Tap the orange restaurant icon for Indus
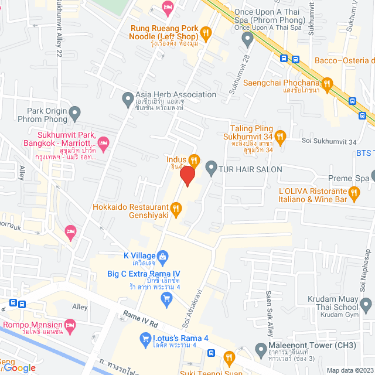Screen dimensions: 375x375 195,159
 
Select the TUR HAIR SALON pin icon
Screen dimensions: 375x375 212,169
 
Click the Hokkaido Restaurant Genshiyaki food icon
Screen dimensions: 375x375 175,207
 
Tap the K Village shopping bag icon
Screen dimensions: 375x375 163,255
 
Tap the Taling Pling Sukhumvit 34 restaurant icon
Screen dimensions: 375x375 280,137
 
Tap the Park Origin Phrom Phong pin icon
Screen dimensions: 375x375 74,112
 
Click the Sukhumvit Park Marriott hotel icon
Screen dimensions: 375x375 103,142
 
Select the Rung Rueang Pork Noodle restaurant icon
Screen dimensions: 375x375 205,32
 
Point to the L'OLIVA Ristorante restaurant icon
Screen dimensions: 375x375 354,192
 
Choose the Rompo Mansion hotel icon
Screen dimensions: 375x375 70,325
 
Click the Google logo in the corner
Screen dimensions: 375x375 19,367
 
